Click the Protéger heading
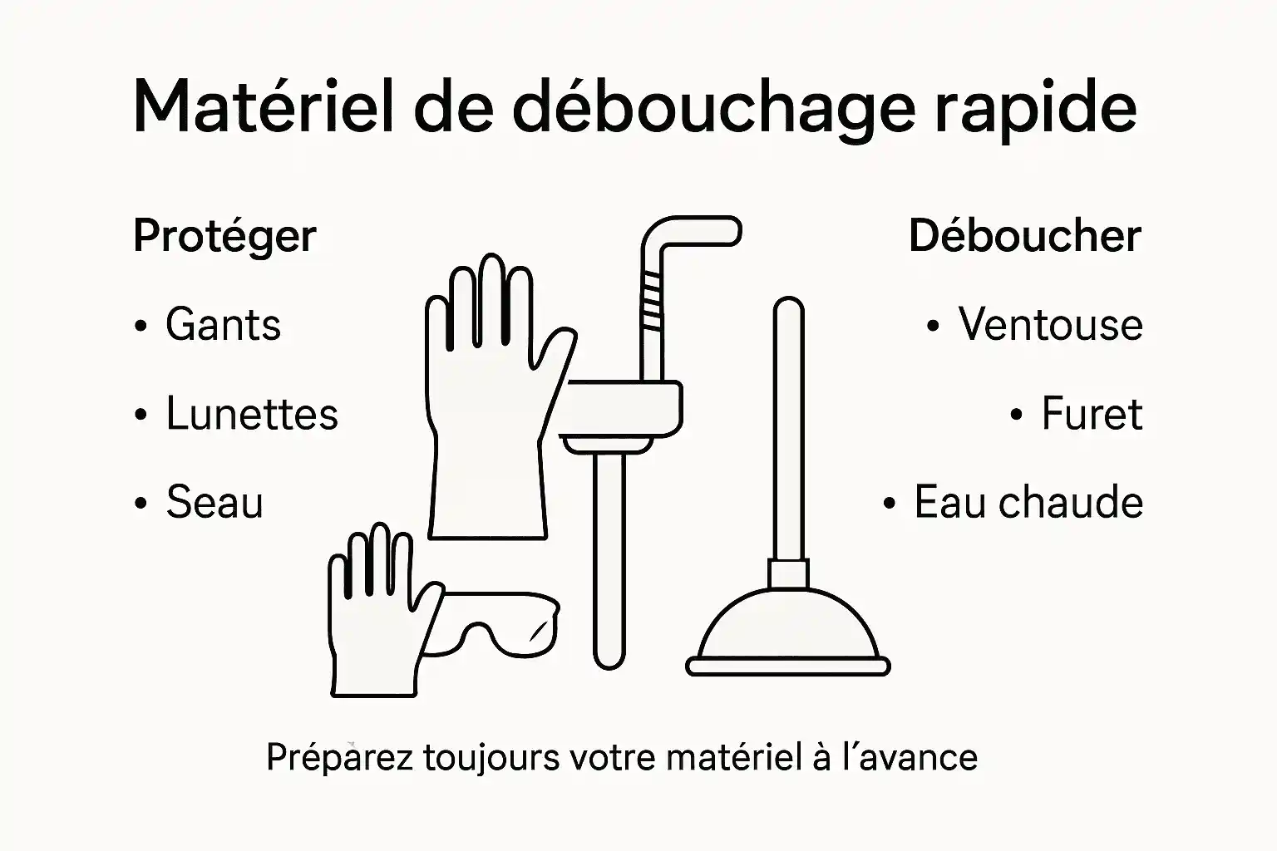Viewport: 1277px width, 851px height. (224, 237)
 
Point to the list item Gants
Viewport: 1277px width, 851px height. (223, 325)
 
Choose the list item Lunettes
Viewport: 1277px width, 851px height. (252, 414)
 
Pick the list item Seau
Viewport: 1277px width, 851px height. (214, 503)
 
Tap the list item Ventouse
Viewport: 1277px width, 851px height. (1050, 325)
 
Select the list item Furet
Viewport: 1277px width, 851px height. (1092, 414)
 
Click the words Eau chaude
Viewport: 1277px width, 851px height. (1028, 503)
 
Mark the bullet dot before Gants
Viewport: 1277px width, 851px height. (141, 326)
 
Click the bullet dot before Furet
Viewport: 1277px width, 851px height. (1016, 415)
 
